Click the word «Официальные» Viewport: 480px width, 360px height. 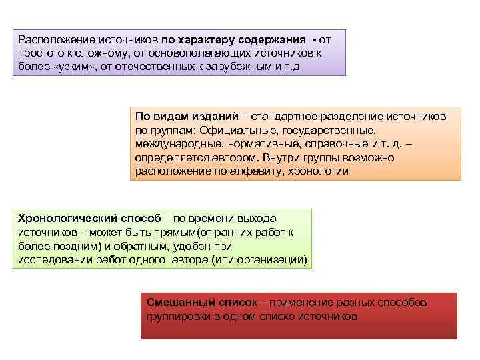click(x=243, y=131)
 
